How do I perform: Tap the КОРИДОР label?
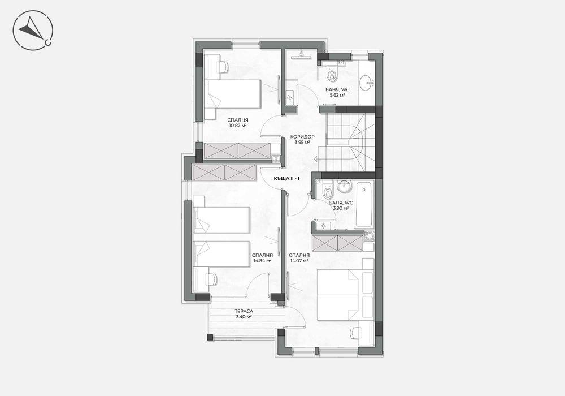point(302,137)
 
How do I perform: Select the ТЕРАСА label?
point(244,311)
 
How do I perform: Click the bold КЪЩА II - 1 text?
point(286,178)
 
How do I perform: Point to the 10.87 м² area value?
point(238,126)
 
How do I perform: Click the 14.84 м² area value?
point(262,261)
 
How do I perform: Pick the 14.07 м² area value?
point(298,261)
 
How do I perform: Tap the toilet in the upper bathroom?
point(332,74)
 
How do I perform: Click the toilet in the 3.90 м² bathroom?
point(327,193)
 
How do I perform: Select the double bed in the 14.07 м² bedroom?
point(345,295)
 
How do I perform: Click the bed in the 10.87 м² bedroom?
point(233,94)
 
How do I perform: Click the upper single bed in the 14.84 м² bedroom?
point(221,219)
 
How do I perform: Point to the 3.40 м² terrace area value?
point(244,317)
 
